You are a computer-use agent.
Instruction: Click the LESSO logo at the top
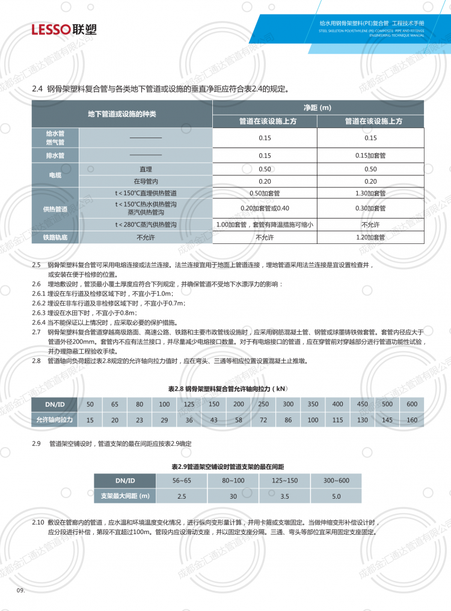pos(64,29)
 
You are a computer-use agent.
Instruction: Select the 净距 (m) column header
pos(318,108)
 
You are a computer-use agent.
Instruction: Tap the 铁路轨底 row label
pos(55,237)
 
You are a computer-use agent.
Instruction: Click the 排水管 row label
pos(55,156)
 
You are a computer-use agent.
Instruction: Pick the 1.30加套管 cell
pos(370,193)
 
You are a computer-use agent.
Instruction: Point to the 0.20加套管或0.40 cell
pos(265,208)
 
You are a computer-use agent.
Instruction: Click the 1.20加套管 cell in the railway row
pos(370,237)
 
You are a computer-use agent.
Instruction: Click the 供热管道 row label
pos(55,208)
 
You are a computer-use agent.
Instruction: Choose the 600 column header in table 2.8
pos(412,404)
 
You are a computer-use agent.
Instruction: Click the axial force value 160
pos(412,419)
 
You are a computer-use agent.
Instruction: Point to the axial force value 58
pos(239,419)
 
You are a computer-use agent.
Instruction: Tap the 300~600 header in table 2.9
pos(336,480)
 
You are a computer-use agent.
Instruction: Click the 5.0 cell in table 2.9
pos(336,496)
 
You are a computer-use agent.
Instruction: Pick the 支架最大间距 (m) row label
pos(124,496)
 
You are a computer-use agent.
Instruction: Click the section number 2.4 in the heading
pos(37,90)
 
